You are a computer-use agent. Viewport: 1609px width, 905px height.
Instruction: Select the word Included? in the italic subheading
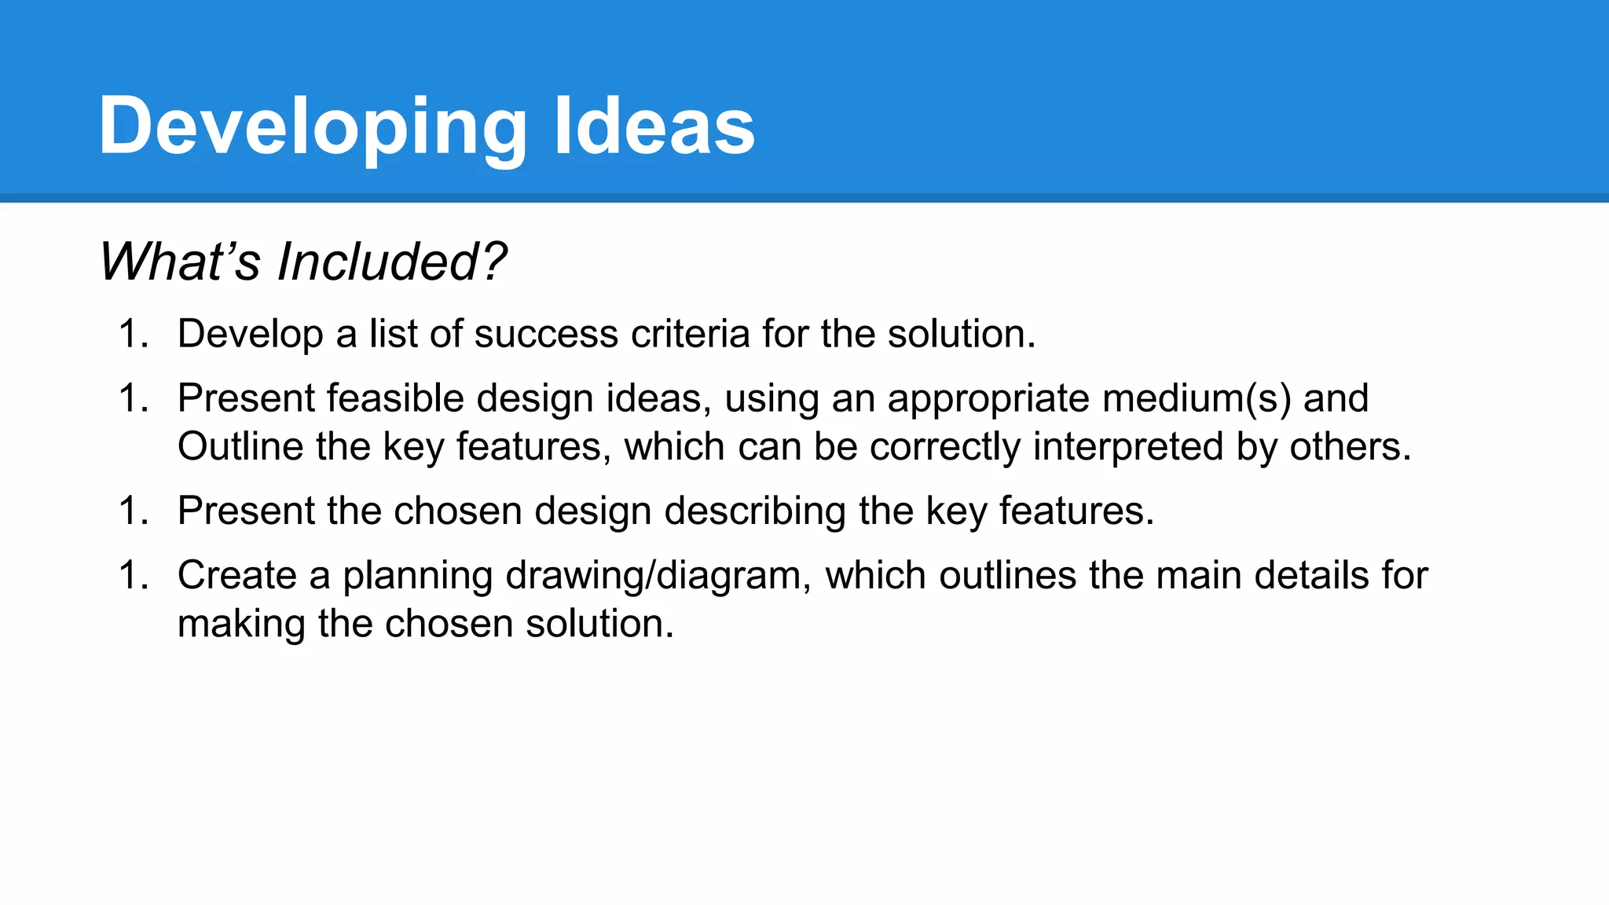(x=392, y=262)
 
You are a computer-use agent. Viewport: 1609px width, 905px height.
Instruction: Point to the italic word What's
(x=179, y=262)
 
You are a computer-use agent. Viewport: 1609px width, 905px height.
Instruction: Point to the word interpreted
(x=1128, y=447)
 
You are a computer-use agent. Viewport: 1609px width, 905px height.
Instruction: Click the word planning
(x=417, y=576)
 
